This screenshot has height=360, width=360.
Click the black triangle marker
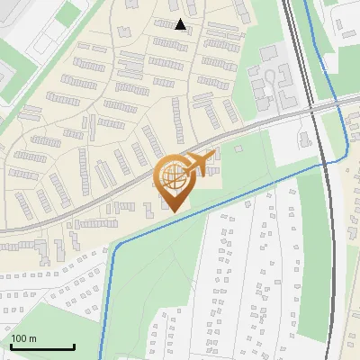coord(180,24)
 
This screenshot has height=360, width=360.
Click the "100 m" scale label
coord(23,338)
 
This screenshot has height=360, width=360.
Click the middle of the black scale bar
coord(42,346)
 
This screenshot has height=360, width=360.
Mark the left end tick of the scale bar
coord(11,345)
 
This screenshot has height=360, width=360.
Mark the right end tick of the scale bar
coord(74,345)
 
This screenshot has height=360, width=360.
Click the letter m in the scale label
coord(33,338)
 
